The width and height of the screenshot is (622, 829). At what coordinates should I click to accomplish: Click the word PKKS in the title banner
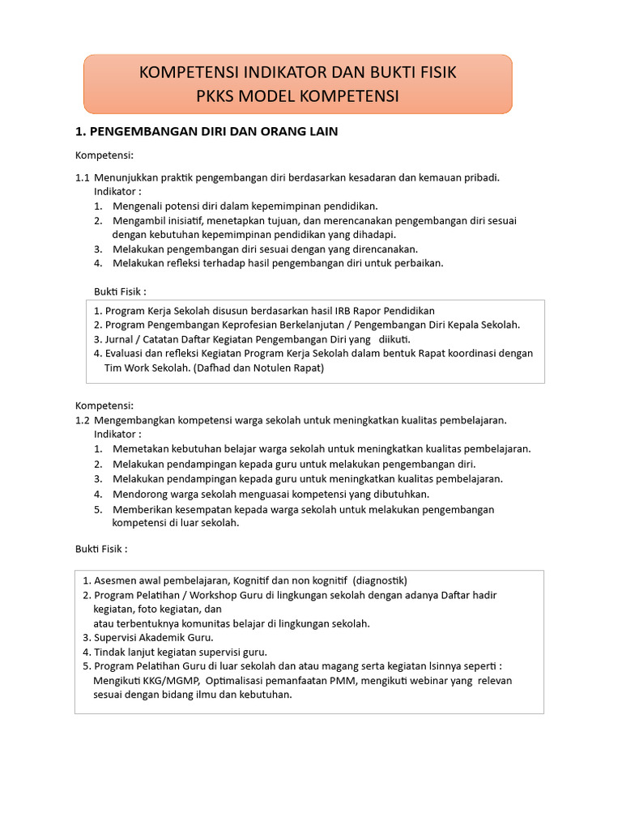pos(216,96)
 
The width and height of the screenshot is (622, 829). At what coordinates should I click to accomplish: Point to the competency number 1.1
pos(83,177)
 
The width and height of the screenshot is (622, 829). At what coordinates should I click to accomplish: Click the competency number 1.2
pos(83,420)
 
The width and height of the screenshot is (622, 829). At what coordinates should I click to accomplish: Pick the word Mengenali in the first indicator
pos(138,206)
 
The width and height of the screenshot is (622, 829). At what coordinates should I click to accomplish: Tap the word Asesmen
pos(115,580)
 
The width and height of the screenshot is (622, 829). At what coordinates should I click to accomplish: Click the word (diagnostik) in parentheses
pos(381,580)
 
